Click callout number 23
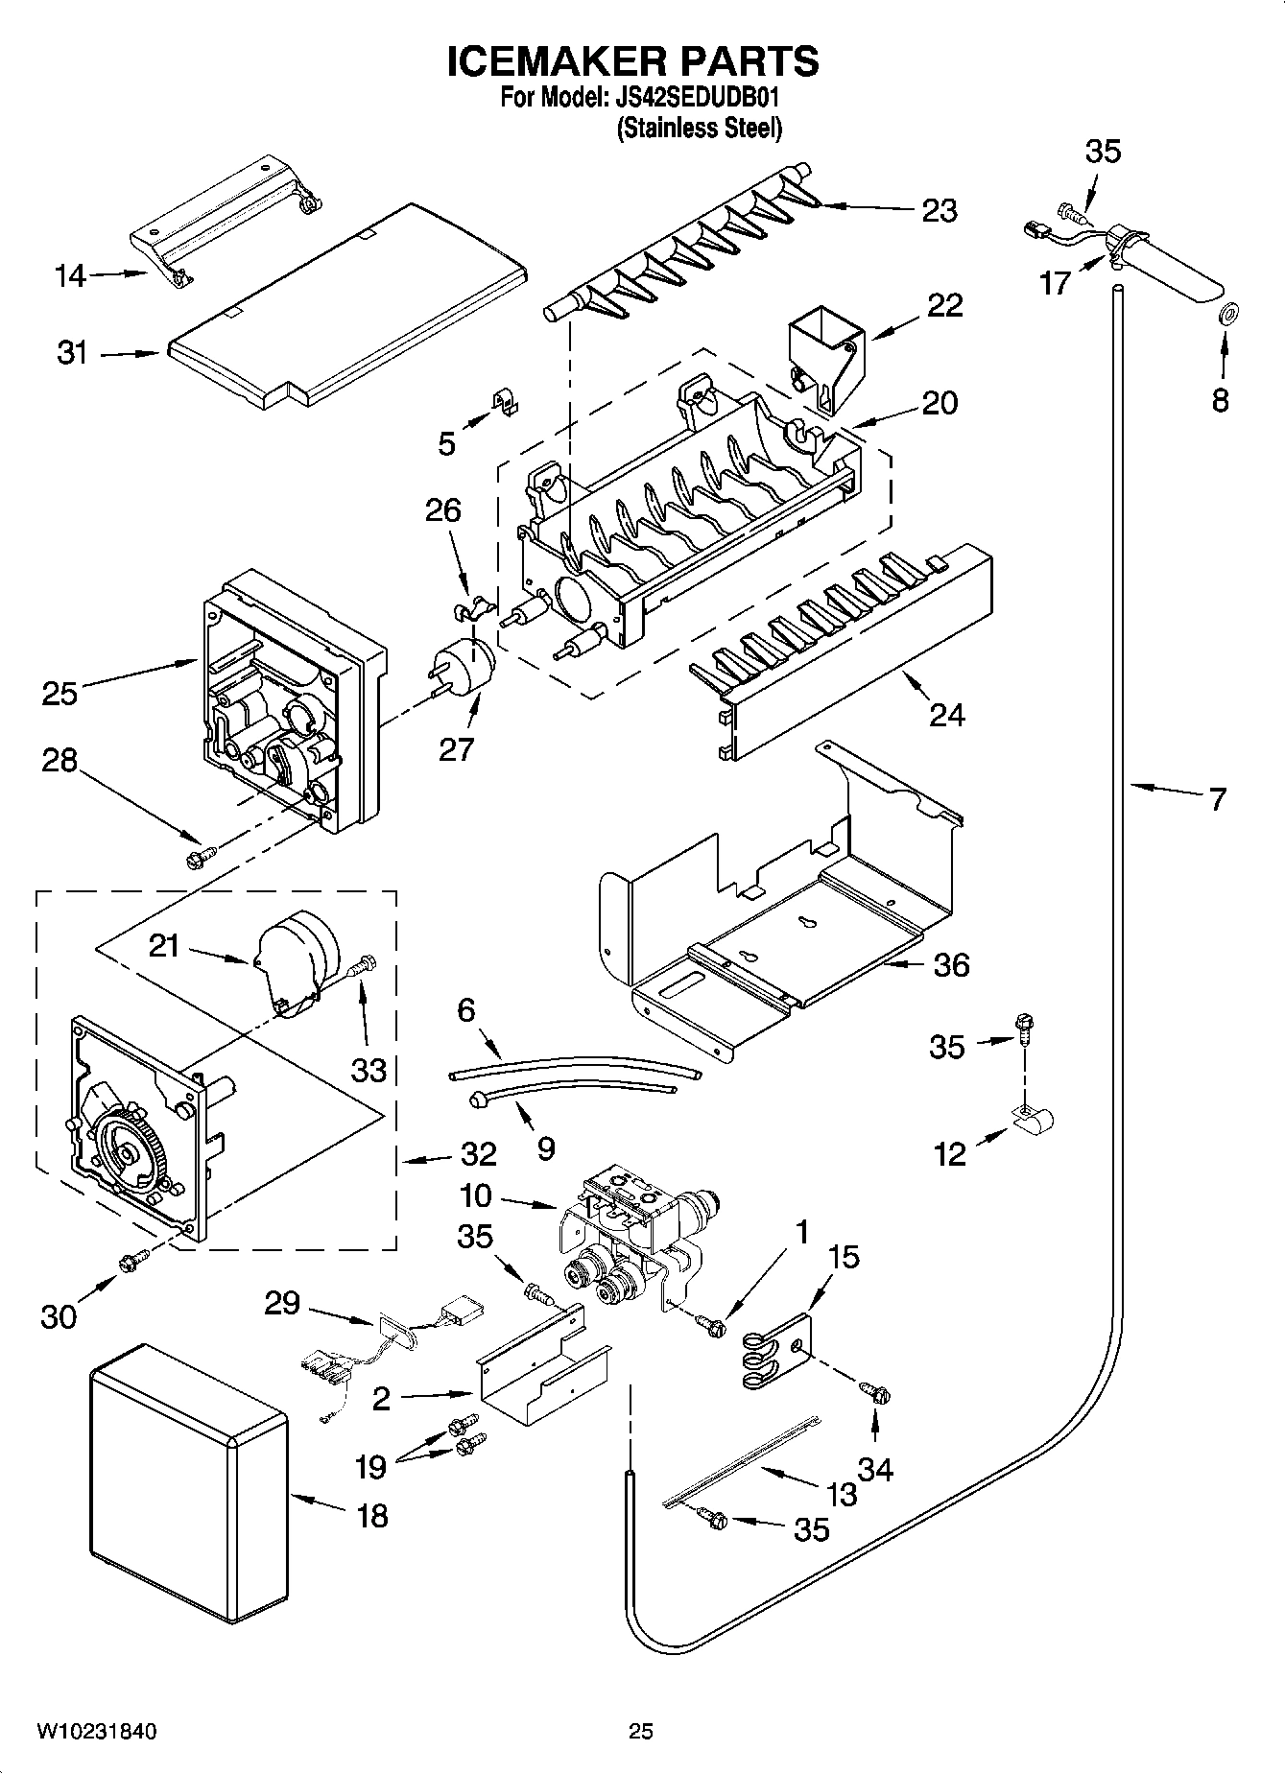(939, 211)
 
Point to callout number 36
(950, 964)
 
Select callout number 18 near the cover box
(372, 1516)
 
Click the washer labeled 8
(1226, 314)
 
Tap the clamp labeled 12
(1035, 1118)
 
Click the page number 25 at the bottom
(641, 1732)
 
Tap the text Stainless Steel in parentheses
(699, 128)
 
